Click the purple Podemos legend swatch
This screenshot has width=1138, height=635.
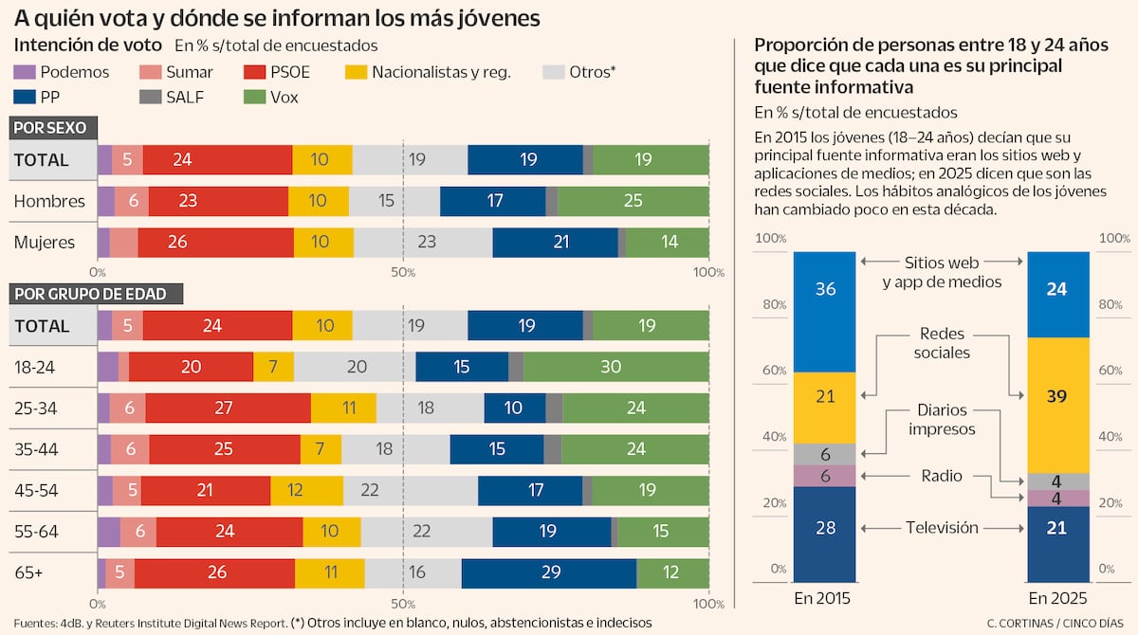click(x=25, y=72)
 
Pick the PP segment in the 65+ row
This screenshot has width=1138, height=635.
click(x=548, y=573)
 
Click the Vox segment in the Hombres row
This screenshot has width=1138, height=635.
click(x=633, y=201)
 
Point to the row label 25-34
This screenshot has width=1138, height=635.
click(x=37, y=408)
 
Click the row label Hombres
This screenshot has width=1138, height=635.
click(x=49, y=201)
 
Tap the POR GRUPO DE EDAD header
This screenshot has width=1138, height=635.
click(x=90, y=294)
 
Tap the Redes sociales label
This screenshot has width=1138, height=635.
click(x=942, y=343)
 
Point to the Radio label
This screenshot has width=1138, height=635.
click(x=942, y=476)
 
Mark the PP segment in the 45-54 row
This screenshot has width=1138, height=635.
click(x=535, y=490)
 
